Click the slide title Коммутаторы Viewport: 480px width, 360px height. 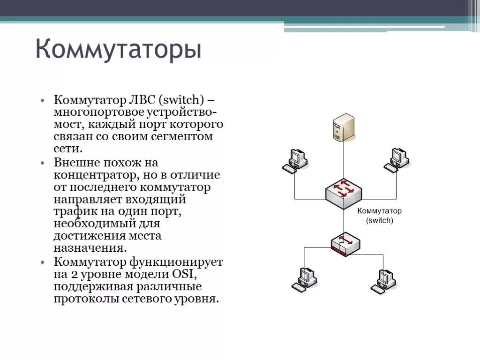[x=119, y=50]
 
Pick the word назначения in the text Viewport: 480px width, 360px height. [x=90, y=248]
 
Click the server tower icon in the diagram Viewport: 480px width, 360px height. [x=344, y=127]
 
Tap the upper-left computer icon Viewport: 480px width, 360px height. [x=296, y=160]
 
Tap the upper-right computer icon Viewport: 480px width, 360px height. [x=397, y=160]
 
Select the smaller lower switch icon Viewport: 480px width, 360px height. [x=345, y=243]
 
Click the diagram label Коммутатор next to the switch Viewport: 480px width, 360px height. [x=379, y=211]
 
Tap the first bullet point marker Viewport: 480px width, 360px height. [x=43, y=100]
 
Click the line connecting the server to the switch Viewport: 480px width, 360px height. [x=344, y=159]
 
